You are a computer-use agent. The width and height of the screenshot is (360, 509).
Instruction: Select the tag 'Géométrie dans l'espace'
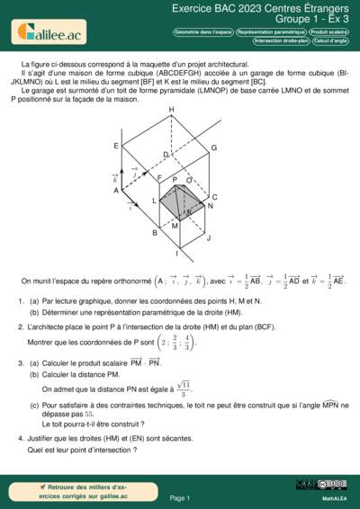point(203,31)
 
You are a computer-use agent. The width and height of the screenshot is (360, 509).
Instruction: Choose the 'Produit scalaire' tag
point(329,31)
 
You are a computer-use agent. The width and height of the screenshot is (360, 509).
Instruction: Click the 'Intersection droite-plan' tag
point(281,40)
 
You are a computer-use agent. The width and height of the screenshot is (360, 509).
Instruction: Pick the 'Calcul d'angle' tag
point(331,40)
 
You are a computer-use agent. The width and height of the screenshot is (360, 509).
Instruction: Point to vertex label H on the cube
point(171,110)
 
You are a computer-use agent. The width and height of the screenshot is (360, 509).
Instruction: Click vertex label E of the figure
point(116,146)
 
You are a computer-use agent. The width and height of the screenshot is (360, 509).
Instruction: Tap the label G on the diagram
point(214,147)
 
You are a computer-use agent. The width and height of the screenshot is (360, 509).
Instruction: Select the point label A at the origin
point(116,191)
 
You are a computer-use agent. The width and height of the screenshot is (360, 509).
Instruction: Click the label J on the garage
point(208,238)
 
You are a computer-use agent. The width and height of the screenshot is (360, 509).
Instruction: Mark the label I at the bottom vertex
point(176,254)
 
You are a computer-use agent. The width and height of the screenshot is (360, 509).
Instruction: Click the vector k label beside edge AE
point(115,178)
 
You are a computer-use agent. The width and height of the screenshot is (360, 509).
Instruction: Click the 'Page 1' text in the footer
point(179,497)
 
